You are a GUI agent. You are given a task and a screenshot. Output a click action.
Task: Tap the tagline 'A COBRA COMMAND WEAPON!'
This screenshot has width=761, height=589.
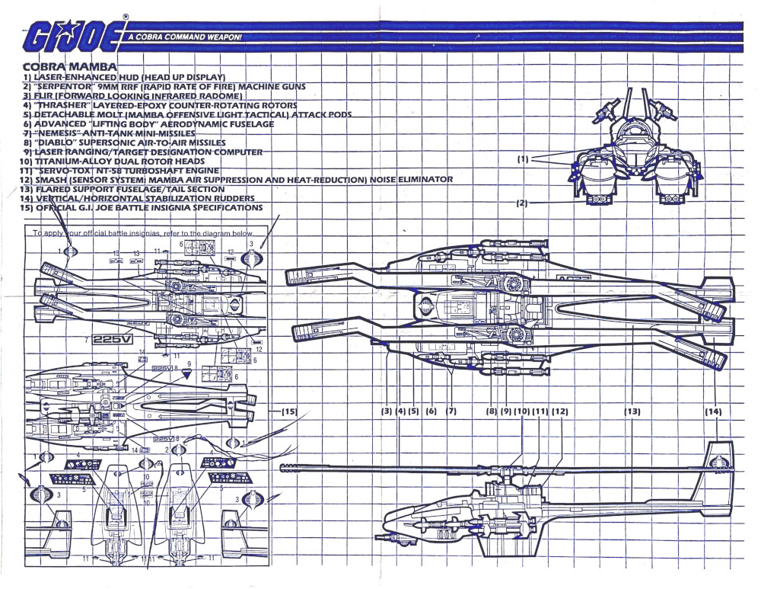tap(185, 37)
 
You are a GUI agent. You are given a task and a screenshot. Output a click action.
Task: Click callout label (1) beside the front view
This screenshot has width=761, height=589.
tap(523, 159)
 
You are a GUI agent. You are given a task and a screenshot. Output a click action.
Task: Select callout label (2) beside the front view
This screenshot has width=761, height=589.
tap(521, 203)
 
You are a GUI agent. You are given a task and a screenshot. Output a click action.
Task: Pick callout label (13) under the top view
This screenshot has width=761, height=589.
tap(632, 411)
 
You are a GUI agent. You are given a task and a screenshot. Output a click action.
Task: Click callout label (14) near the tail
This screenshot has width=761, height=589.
tap(712, 411)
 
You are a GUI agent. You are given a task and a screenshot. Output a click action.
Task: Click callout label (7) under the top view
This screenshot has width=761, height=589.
tap(451, 411)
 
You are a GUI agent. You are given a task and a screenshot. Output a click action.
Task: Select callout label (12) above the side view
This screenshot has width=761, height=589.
tap(560, 411)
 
